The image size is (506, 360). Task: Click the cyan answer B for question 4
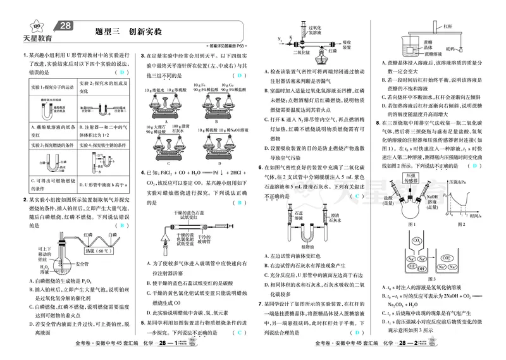[240, 203]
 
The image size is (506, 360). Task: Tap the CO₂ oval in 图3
[418, 241]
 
